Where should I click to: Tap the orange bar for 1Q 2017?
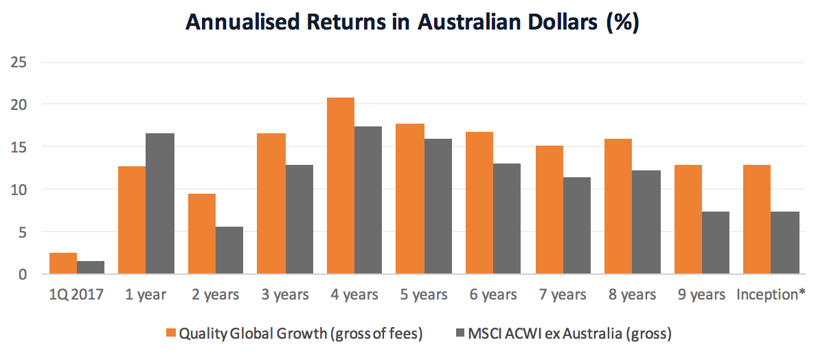(63, 263)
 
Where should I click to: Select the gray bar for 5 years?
(438, 206)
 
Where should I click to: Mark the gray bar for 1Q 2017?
(91, 267)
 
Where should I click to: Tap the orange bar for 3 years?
(271, 203)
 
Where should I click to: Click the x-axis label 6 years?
(493, 295)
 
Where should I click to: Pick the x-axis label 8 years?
(632, 295)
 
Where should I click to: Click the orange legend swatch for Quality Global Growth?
(171, 334)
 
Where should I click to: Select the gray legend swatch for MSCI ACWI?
(461, 334)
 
